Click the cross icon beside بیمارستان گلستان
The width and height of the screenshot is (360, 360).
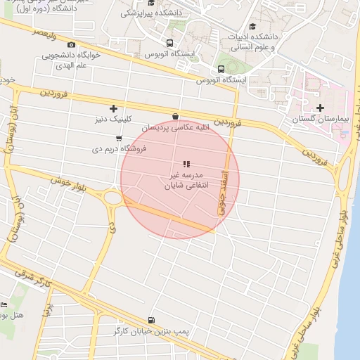pyautogui.click(x=321, y=108)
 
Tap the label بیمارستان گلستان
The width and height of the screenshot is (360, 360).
pyautogui.click(x=321, y=120)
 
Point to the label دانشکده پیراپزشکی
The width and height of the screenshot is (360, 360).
pyautogui.click(x=151, y=13)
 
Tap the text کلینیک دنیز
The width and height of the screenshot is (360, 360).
pyautogui.click(x=115, y=120)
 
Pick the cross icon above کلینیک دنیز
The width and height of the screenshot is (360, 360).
pyautogui.click(x=113, y=108)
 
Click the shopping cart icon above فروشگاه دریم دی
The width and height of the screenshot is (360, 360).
pyautogui.click(x=119, y=139)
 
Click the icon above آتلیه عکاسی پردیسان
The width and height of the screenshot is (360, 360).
pyautogui.click(x=175, y=117)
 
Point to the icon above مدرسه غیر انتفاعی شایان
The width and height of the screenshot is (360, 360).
pyautogui.click(x=186, y=164)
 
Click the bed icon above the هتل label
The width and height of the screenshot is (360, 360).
pyautogui.click(x=4, y=304)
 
